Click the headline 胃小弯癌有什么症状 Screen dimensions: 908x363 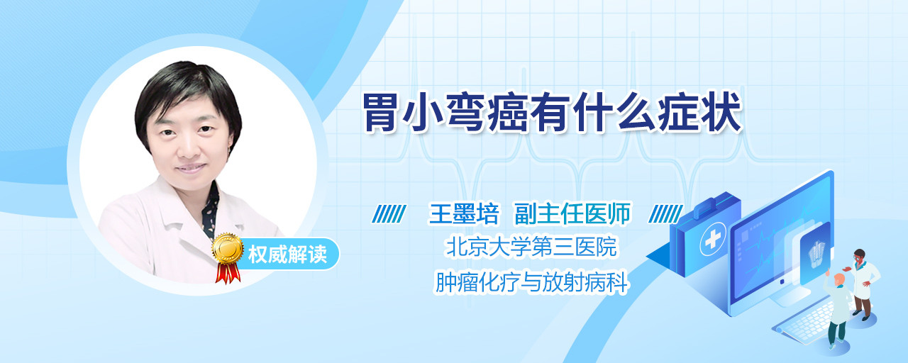(x=552, y=113)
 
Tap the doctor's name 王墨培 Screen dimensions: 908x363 (x=464, y=213)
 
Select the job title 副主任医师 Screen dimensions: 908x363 (x=572, y=213)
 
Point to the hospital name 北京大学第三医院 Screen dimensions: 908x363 (x=531, y=247)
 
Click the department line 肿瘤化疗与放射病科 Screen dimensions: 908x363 (x=531, y=281)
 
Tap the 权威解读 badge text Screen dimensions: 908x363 (x=287, y=255)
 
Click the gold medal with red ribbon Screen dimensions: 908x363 (x=228, y=257)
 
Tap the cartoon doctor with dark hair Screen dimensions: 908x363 (x=863, y=284)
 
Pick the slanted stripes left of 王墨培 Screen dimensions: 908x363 (x=389, y=214)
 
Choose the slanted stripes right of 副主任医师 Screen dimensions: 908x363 (x=665, y=214)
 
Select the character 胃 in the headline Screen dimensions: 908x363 (x=380, y=113)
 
